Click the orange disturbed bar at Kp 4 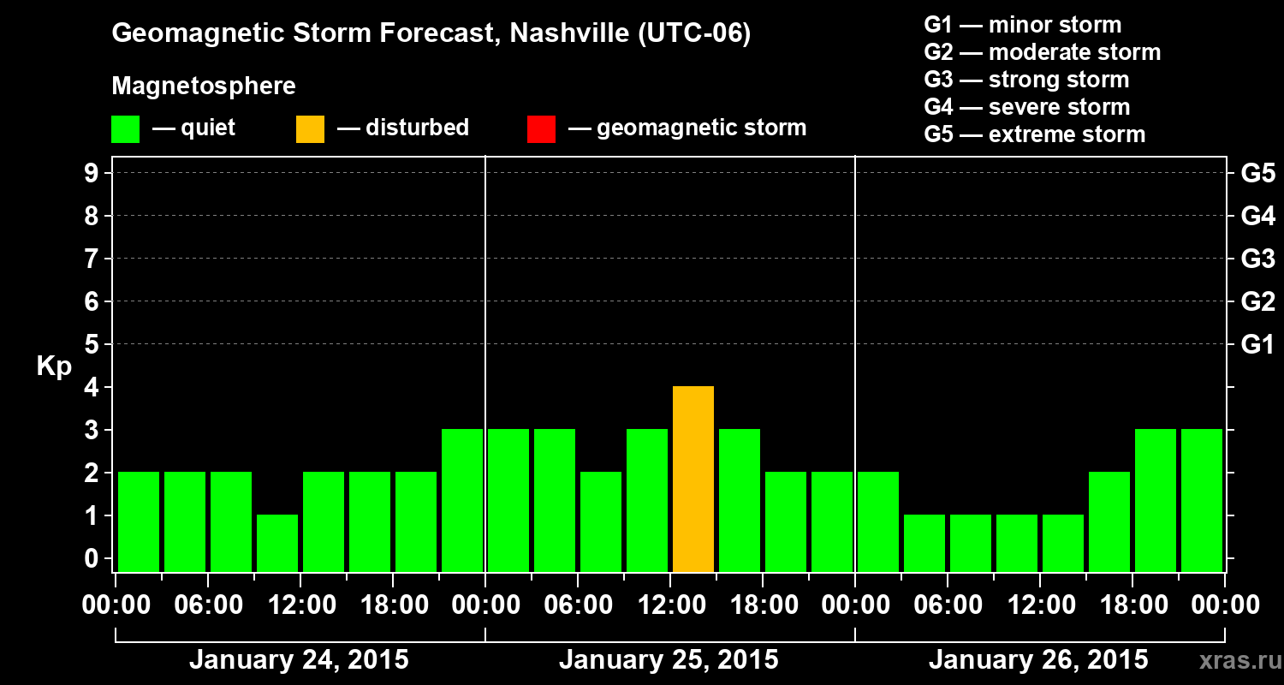[693, 479]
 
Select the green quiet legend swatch [125, 128]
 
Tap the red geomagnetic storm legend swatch [541, 128]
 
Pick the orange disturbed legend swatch [310, 128]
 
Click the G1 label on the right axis [1257, 345]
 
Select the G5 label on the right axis [1257, 174]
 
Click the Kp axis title [54, 366]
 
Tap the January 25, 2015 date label [669, 660]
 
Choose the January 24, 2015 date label [299, 660]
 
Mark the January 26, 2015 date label [1038, 660]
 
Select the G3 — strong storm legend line [1026, 80]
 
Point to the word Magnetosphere [204, 86]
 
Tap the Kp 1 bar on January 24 [277, 543]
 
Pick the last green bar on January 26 [1202, 500]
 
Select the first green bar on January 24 [139, 521]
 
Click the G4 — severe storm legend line [1027, 107]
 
